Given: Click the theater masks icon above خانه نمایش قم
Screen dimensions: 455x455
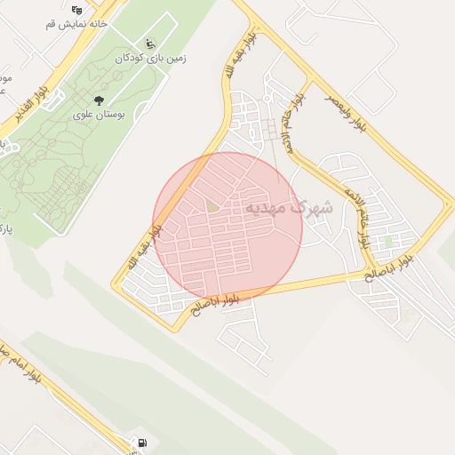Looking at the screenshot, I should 76,10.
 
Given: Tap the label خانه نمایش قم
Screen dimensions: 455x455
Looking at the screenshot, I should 76,24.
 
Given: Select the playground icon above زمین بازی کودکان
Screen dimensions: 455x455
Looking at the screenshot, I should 149,43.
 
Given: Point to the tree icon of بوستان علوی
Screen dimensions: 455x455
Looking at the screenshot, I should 98,100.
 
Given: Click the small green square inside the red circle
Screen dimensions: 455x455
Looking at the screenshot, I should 212,206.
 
